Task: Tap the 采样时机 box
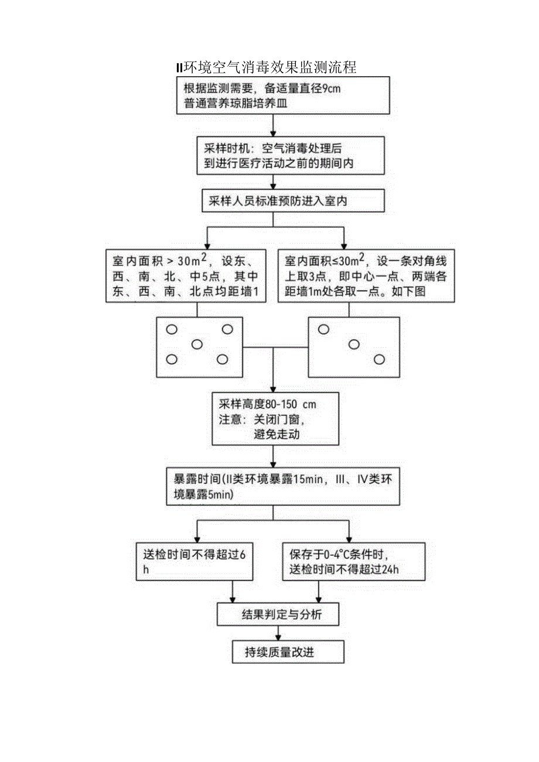point(291,156)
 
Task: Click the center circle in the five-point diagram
point(197,344)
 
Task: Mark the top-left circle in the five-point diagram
point(172,330)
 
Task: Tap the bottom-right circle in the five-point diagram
point(222,359)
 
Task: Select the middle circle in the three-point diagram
point(354,344)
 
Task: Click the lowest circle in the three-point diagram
point(380,359)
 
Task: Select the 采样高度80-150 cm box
point(275,419)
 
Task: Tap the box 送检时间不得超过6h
point(195,561)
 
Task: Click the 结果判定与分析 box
point(278,615)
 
